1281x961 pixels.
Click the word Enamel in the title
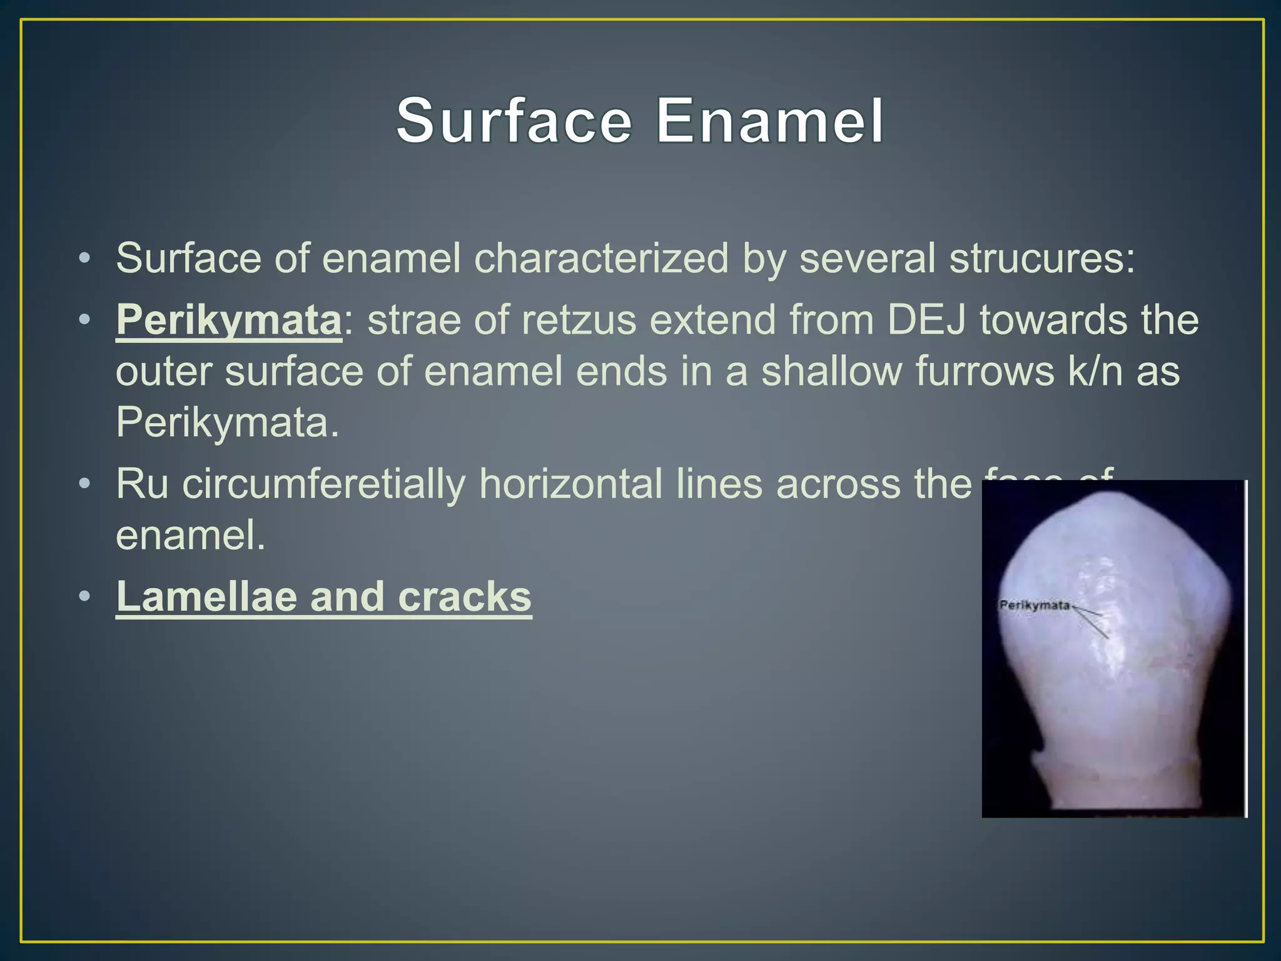(x=769, y=120)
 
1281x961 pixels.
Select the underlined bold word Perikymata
(x=229, y=320)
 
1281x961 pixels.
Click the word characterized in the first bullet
(x=601, y=258)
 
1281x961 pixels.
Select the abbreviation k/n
(x=1095, y=372)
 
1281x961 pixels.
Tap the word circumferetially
(x=324, y=484)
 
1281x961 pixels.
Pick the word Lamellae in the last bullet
(x=206, y=596)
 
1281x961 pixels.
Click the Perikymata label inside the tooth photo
(x=1035, y=605)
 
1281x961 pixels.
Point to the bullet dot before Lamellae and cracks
(x=84, y=596)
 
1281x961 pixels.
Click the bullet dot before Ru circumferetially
(x=84, y=484)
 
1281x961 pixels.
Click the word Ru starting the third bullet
(x=142, y=484)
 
